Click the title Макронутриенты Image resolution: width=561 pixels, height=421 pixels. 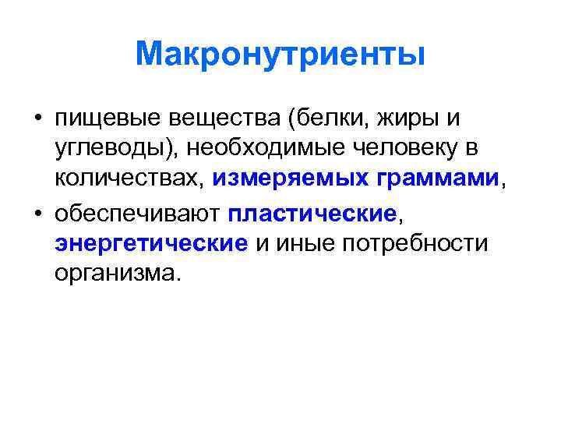(280, 55)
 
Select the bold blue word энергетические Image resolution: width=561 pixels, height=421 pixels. (151, 243)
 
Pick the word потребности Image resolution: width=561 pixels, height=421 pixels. (415, 243)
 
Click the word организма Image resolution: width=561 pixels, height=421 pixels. (117, 274)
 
